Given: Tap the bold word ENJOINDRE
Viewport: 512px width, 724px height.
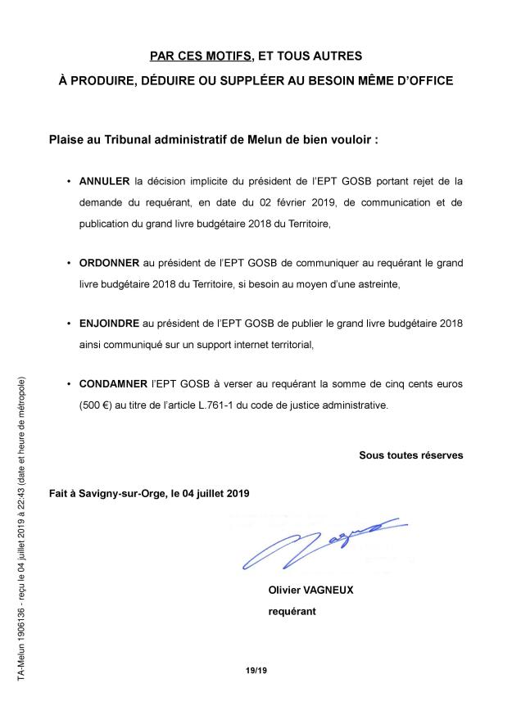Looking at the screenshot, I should (110, 324).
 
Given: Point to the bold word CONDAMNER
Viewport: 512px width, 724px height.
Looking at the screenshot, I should (113, 383).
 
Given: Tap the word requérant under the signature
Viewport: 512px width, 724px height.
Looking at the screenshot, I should (292, 610).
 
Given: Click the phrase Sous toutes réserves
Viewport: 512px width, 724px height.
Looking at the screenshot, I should (410, 455).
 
